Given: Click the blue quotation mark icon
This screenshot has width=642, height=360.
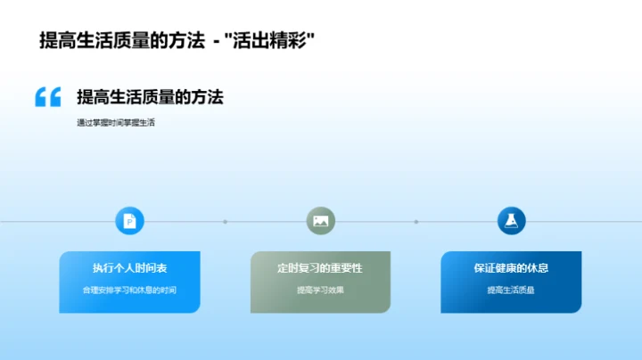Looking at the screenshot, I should click(48, 97).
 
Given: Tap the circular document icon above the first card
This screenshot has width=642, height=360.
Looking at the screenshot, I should click(129, 221).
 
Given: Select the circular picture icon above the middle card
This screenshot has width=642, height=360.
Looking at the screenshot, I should click(320, 221).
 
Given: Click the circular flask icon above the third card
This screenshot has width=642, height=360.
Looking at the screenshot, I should click(511, 221).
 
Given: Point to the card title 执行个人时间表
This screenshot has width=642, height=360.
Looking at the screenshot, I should click(129, 268).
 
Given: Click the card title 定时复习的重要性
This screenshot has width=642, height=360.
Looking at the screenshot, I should click(320, 268).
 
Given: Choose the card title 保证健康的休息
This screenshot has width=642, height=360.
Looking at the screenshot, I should click(511, 268).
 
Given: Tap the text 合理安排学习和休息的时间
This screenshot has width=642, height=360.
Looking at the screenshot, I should click(129, 290).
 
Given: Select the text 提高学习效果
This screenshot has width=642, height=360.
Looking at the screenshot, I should click(320, 290).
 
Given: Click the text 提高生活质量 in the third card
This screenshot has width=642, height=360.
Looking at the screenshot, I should click(511, 290).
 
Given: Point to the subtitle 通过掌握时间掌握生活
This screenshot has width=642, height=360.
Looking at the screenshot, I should click(116, 123).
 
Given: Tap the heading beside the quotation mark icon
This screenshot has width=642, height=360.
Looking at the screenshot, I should click(150, 97).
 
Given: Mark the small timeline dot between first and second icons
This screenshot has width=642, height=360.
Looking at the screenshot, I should click(225, 221).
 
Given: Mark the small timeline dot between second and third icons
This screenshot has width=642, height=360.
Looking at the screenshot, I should click(416, 221).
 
